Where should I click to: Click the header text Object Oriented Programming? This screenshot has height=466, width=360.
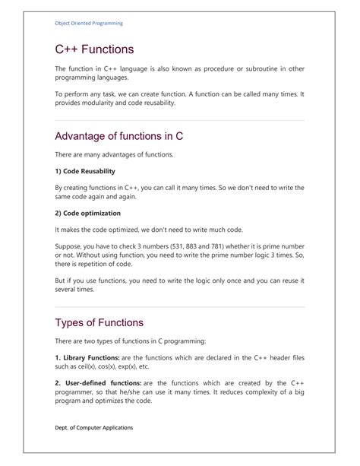pos(89,24)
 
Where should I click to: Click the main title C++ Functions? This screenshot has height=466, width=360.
pos(94,50)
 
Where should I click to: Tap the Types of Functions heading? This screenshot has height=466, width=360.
pos(105,323)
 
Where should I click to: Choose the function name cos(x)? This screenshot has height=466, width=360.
pos(107,366)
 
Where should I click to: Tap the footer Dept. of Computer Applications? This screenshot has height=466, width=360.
pos(94,427)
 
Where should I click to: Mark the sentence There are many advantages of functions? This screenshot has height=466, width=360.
pos(114,154)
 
